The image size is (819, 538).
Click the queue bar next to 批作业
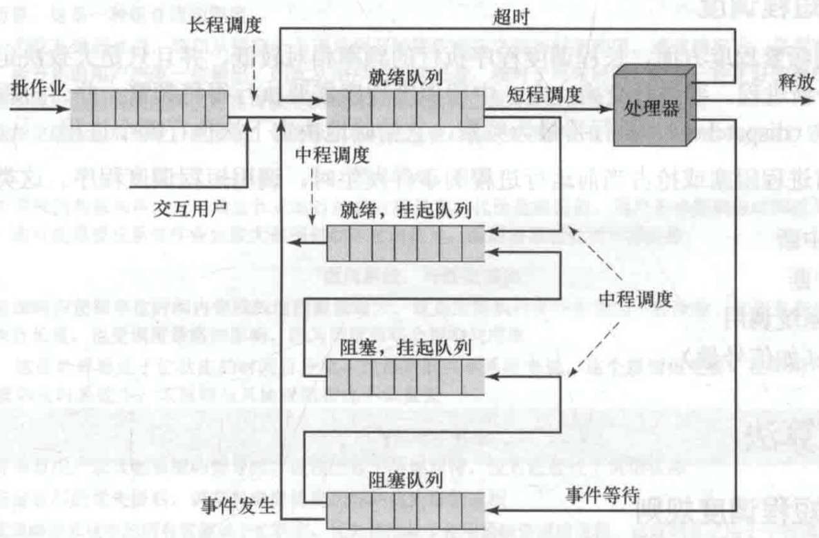coord(138,107)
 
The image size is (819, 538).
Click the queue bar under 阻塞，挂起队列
coord(404,378)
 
